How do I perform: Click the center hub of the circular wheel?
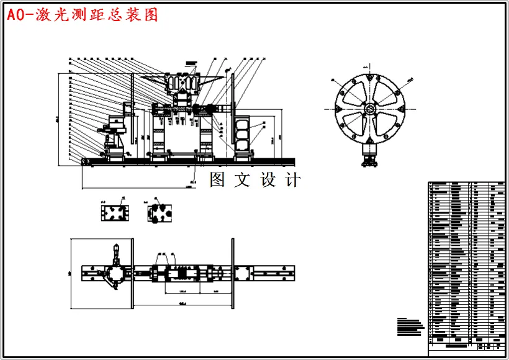click(370, 109)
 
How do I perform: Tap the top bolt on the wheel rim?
click(370, 78)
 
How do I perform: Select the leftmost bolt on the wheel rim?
click(338, 109)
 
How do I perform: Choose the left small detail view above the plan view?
click(115, 212)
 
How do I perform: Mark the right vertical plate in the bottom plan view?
click(233, 273)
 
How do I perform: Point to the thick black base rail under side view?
click(186, 163)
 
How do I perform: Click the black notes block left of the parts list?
click(409, 326)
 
